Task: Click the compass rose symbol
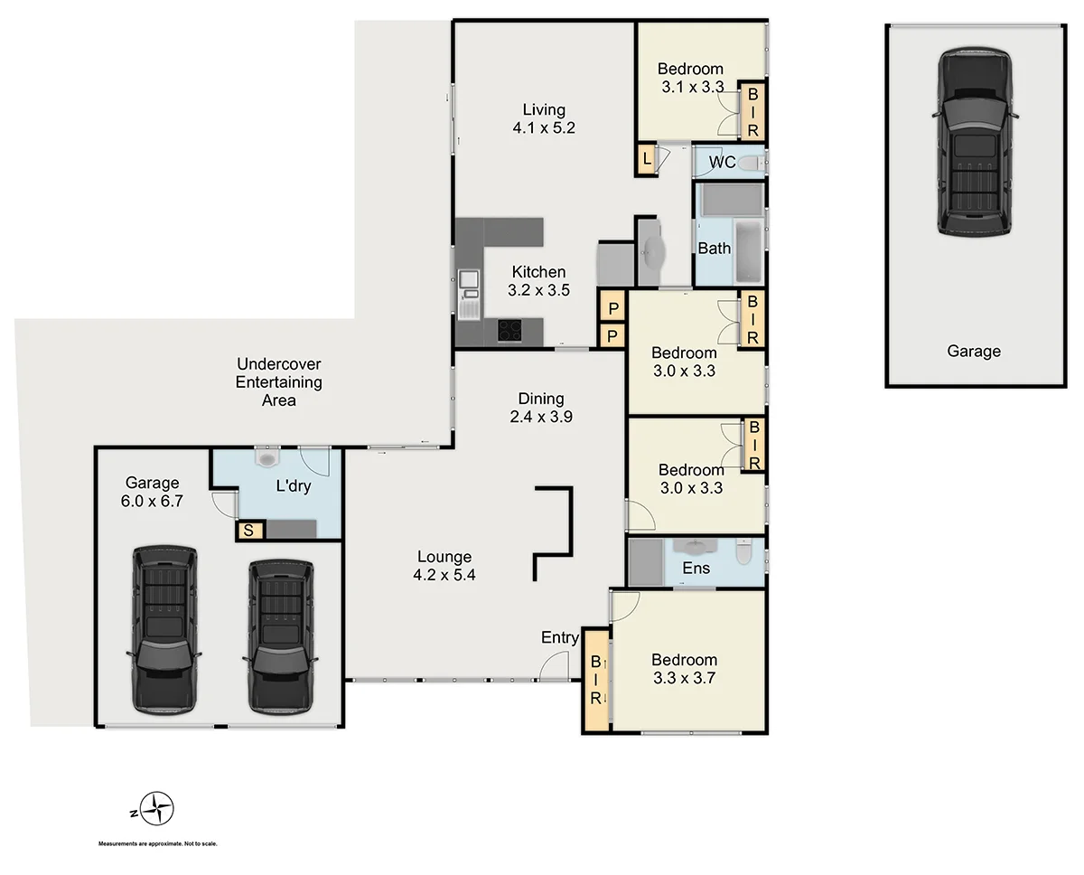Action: point(160,807)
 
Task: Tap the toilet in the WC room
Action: point(750,163)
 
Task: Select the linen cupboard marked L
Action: point(647,160)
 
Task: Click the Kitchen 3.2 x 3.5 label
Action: point(539,281)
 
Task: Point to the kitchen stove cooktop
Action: point(509,332)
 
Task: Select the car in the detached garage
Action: point(974,142)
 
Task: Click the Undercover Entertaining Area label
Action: point(278,381)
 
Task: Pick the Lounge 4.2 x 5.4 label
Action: point(444,566)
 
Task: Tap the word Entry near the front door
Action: point(560,637)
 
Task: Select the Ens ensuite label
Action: point(696,568)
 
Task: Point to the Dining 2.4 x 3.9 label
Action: point(541,408)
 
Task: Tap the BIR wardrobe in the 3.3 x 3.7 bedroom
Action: point(596,681)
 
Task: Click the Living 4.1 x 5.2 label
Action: point(544,119)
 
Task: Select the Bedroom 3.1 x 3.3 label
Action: point(691,78)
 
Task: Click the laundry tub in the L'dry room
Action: point(267,458)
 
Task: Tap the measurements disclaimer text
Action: point(158,843)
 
